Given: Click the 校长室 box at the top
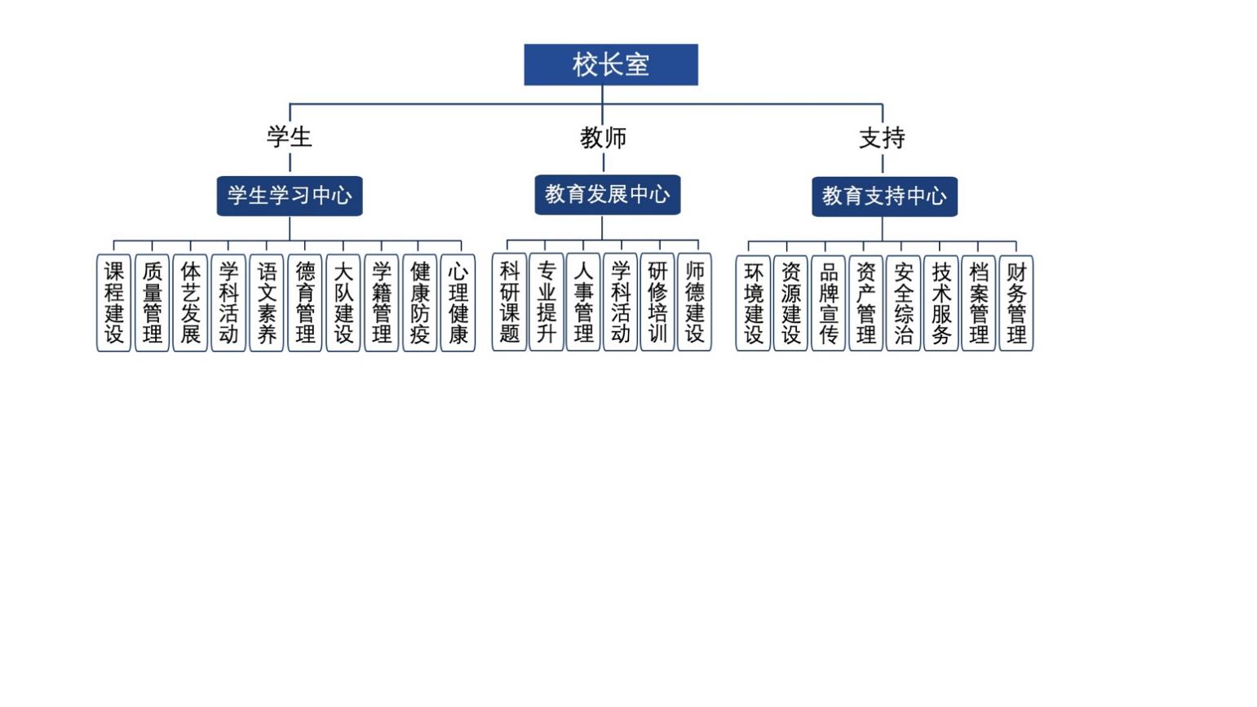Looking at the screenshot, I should click(610, 64).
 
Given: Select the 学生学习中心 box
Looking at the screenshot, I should click(290, 196).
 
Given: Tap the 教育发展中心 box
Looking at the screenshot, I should click(607, 195).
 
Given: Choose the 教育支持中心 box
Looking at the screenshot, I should click(884, 197).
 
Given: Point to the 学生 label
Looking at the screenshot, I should click(290, 137).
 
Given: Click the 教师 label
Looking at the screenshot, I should click(604, 138).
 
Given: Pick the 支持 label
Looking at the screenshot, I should click(882, 138).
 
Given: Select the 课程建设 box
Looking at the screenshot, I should click(114, 303).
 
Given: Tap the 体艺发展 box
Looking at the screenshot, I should click(190, 303).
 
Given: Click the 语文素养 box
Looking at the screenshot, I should click(267, 303).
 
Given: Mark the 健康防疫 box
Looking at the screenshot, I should click(419, 303).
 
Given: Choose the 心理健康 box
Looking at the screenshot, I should click(458, 303).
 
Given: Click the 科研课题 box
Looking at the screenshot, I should click(509, 302).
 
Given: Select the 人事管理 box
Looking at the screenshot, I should click(583, 302).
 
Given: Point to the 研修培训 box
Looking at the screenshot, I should click(657, 302).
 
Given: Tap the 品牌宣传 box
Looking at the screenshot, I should click(828, 303).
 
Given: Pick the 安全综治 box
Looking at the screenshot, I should click(903, 303).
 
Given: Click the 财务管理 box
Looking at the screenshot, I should click(1016, 303).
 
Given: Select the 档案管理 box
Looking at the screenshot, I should click(978, 303).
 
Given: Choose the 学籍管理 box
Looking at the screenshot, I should click(381, 303).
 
